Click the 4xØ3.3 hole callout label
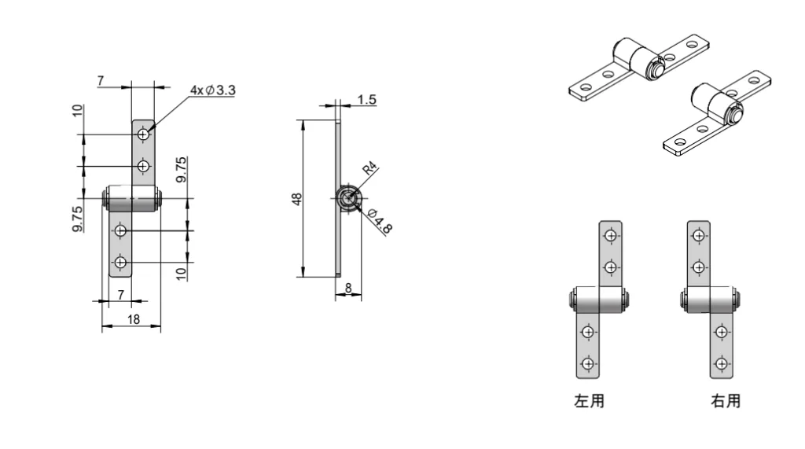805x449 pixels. pos(212,90)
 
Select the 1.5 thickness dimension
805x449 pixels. pos(366,100)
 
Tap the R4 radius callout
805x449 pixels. pos(369,170)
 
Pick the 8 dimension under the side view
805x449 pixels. pos(348,289)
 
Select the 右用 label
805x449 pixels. pos(725,401)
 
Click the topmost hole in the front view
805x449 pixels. pos(143,135)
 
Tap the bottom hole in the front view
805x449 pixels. pos(120,262)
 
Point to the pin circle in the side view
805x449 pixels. pos(347,199)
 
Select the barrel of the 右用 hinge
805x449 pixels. pos(711,300)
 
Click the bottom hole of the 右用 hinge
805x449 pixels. pos(720,363)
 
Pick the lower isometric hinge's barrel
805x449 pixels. pos(712,103)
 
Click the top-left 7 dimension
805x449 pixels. pos(101,81)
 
